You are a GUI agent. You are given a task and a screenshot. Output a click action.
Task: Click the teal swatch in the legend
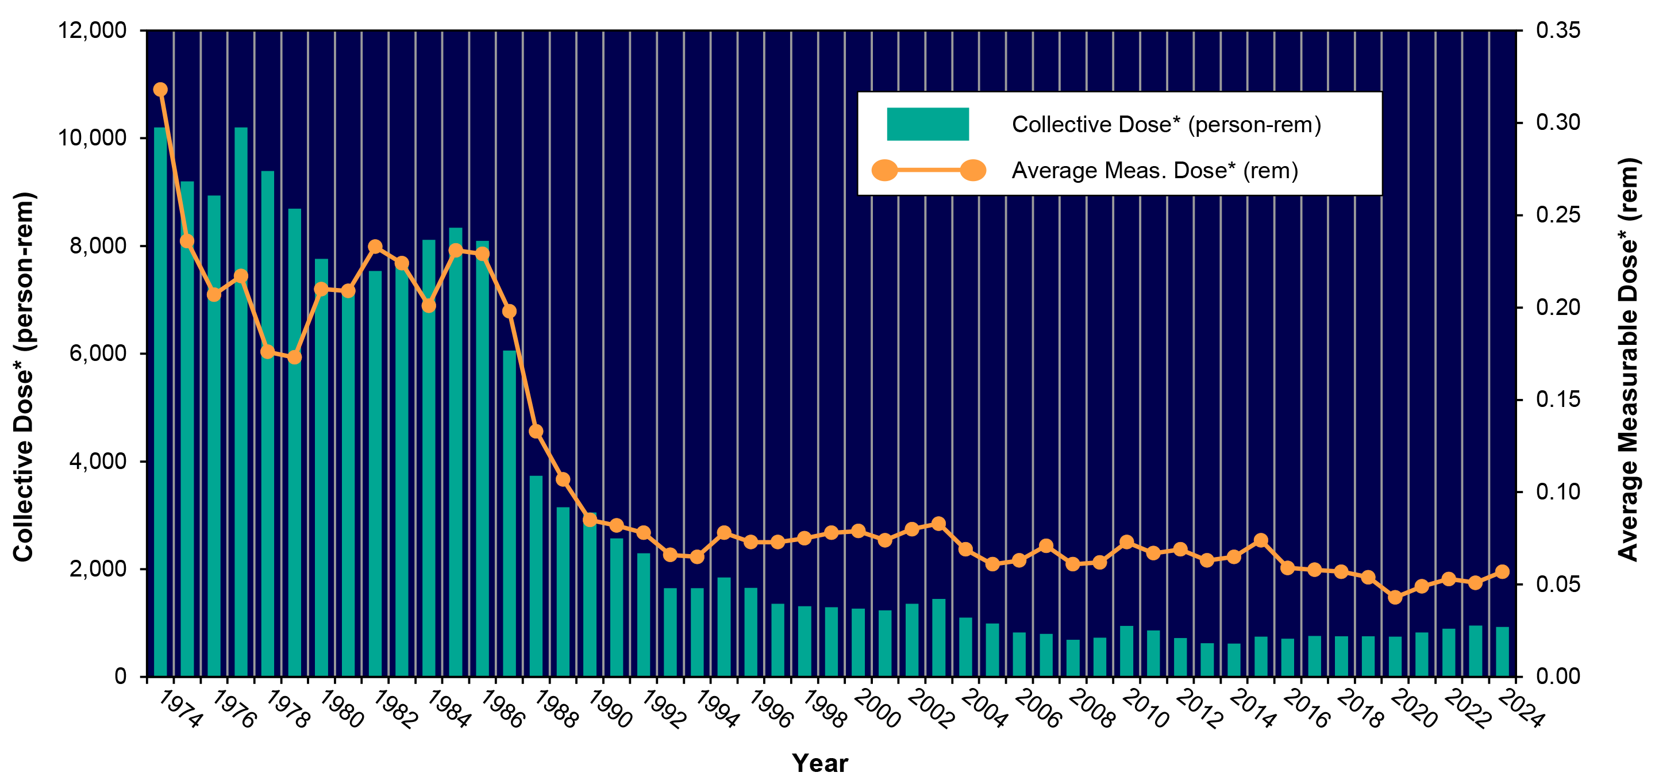click(927, 124)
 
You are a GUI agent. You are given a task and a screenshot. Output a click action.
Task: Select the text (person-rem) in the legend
click(1254, 125)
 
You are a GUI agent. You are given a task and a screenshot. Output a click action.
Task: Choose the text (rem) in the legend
click(1270, 171)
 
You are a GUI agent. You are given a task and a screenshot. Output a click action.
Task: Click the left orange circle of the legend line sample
click(885, 170)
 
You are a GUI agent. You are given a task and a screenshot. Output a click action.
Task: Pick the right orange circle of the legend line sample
click(973, 170)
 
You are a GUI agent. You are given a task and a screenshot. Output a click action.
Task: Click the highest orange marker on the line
click(161, 89)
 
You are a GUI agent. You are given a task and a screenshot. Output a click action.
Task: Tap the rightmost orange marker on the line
click(1502, 571)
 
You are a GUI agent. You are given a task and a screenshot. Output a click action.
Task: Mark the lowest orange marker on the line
click(1395, 597)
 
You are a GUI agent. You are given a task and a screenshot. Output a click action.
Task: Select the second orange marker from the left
click(187, 241)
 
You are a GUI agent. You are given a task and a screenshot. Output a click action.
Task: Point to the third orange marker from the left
click(214, 295)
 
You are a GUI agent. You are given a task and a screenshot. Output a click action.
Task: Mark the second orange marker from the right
click(1475, 582)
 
